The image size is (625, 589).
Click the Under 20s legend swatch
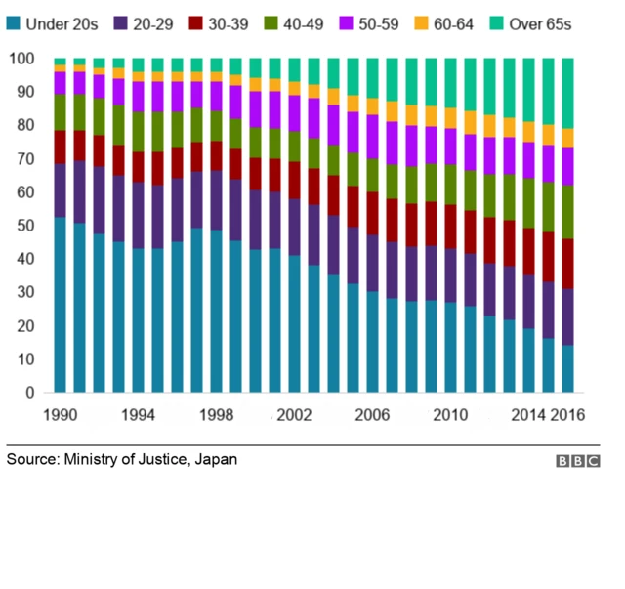click(x=14, y=23)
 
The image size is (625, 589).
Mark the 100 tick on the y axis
click(x=21, y=60)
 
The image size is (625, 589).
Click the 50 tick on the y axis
click(x=21, y=226)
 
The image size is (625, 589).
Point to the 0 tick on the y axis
click(x=29, y=393)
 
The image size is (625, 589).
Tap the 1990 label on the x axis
click(x=61, y=414)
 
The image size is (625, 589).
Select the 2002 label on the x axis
click(x=294, y=414)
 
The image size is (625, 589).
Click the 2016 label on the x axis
click(x=567, y=414)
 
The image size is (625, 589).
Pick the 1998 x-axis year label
click(x=217, y=414)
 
